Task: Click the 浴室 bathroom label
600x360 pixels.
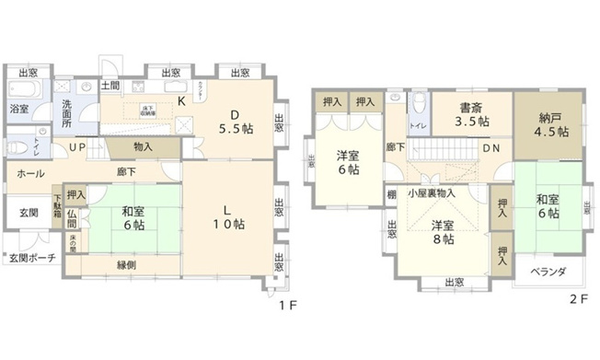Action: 18,109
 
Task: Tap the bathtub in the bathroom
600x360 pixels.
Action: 20,90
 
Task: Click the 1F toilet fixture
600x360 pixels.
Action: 17,147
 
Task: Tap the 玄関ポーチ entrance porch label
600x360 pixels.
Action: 31,257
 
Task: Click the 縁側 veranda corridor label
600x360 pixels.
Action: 127,265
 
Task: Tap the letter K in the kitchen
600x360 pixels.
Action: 181,100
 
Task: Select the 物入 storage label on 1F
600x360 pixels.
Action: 143,146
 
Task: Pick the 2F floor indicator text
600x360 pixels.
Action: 576,298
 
